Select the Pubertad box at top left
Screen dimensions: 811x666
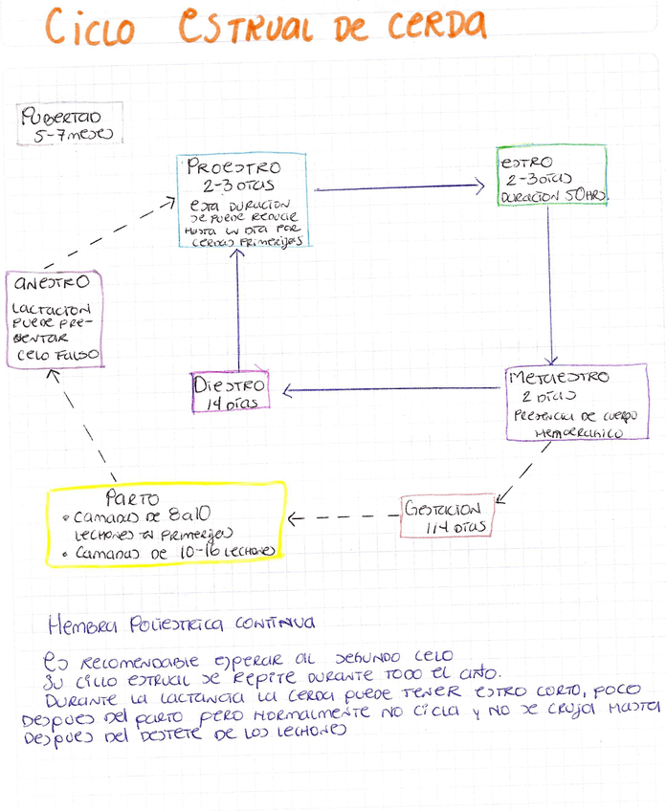[66, 124]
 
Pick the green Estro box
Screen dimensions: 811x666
[551, 176]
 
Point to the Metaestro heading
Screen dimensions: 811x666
[560, 377]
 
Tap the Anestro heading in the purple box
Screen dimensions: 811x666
[52, 283]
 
